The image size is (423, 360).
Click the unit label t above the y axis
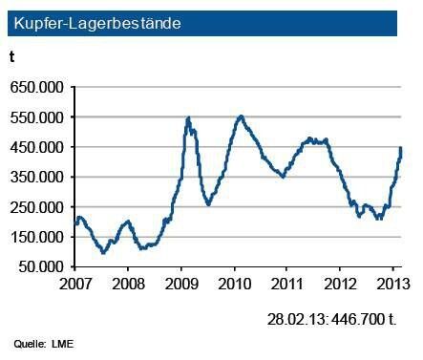(x=12, y=58)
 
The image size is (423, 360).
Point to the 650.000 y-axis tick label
(x=37, y=87)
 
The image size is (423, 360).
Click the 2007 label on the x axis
(x=77, y=285)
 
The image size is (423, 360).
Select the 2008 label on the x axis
(x=130, y=285)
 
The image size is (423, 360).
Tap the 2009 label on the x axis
(x=182, y=285)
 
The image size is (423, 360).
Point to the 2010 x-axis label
(x=235, y=285)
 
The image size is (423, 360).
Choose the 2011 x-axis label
(x=287, y=285)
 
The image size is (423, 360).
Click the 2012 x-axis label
(x=340, y=285)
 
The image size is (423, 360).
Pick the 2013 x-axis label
(x=391, y=285)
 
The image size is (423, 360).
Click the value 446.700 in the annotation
(x=366, y=316)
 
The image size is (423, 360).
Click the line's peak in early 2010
(x=241, y=116)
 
